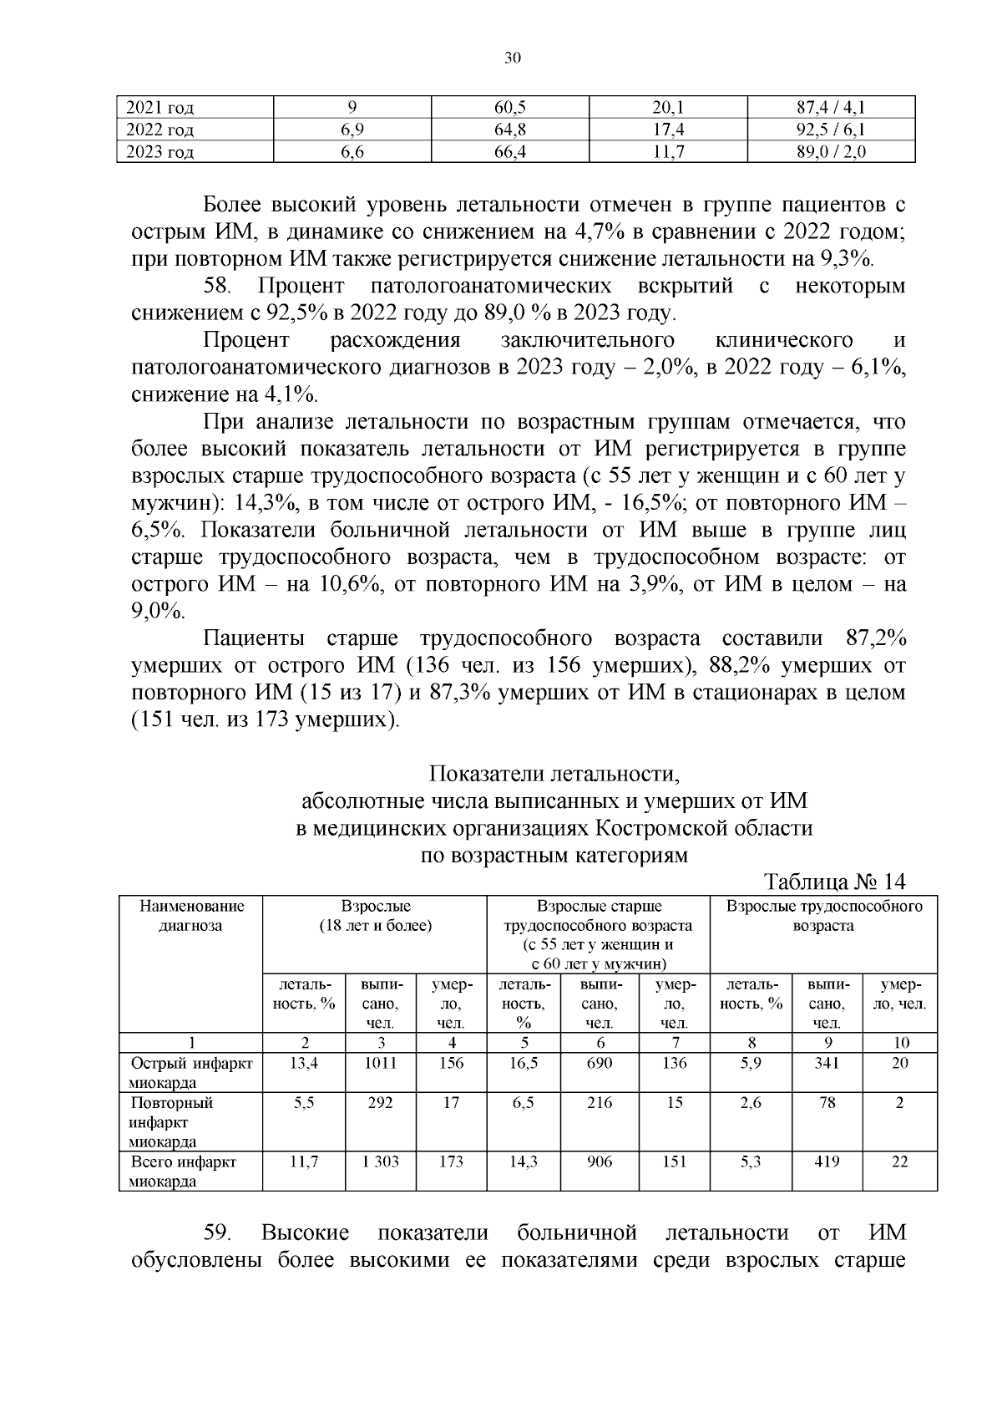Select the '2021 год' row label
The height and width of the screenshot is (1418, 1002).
[x=159, y=108]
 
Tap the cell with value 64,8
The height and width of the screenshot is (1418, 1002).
[x=509, y=130]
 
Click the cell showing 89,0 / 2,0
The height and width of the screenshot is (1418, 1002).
[x=831, y=152]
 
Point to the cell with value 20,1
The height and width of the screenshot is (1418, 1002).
[x=667, y=108]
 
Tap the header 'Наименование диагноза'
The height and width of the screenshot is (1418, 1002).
[x=191, y=916]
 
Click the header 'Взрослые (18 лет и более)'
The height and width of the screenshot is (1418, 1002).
[x=375, y=916]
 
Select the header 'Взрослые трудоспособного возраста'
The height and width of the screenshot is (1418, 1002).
[x=823, y=916]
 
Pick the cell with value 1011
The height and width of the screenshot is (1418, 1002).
[x=381, y=1063]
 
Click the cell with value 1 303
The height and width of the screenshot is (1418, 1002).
[x=381, y=1161]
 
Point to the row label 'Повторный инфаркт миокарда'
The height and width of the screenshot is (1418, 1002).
[x=171, y=1122]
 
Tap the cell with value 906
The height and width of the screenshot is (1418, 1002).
[x=600, y=1161]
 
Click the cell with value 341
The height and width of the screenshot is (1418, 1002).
[x=827, y=1063]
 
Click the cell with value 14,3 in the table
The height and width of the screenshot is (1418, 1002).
[x=524, y=1161]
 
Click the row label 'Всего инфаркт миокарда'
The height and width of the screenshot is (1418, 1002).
[x=183, y=1172]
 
